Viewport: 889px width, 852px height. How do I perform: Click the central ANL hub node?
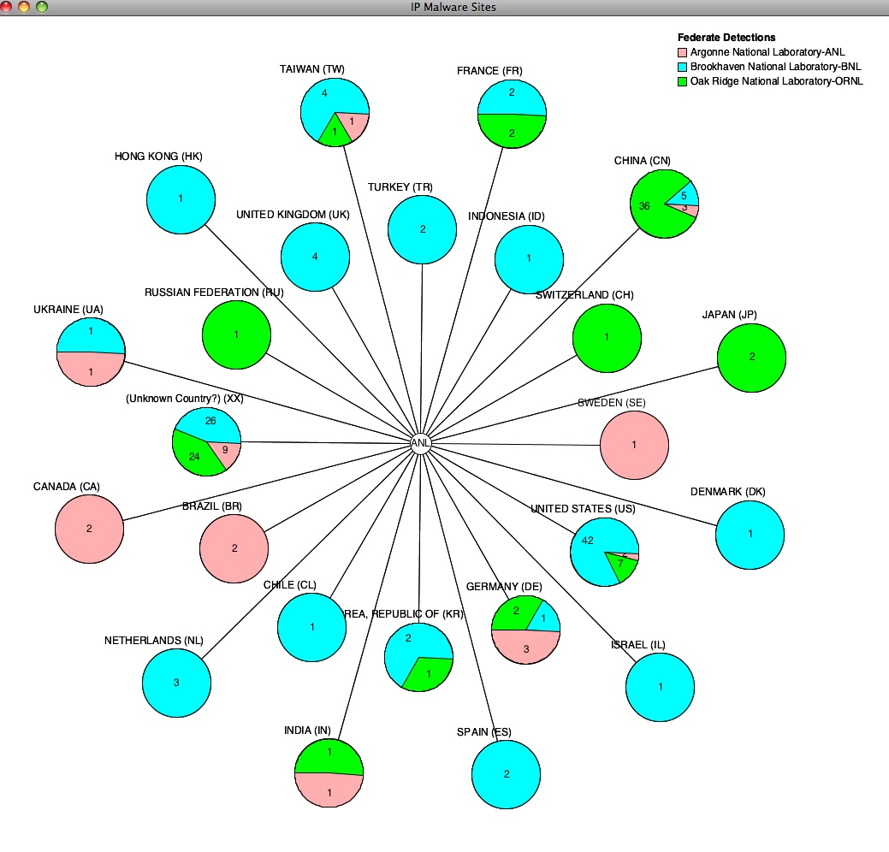(420, 443)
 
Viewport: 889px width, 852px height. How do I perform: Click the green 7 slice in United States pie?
(620, 565)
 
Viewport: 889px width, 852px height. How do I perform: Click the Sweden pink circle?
(634, 445)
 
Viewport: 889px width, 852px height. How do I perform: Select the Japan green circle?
(751, 358)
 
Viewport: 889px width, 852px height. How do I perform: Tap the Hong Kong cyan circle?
(181, 199)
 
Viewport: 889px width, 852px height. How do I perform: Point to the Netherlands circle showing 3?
(176, 683)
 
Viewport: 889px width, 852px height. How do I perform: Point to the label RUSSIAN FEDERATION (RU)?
(214, 293)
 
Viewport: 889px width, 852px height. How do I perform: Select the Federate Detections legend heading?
(726, 38)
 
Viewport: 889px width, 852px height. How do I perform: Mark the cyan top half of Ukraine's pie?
(91, 337)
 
